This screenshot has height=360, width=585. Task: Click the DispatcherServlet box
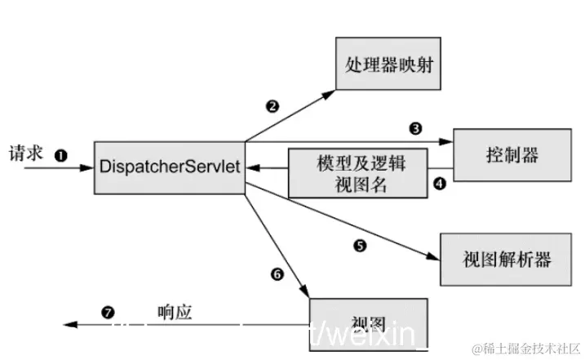[170, 167]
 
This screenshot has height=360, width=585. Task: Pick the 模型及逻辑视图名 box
[348, 173]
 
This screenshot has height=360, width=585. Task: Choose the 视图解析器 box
[506, 260]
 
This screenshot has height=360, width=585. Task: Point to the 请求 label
[24, 153]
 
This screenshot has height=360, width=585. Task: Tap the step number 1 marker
[60, 153]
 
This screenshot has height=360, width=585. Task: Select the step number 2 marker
[272, 106]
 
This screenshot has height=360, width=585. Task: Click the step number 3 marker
[415, 128]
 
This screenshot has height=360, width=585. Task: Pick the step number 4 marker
[439, 184]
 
